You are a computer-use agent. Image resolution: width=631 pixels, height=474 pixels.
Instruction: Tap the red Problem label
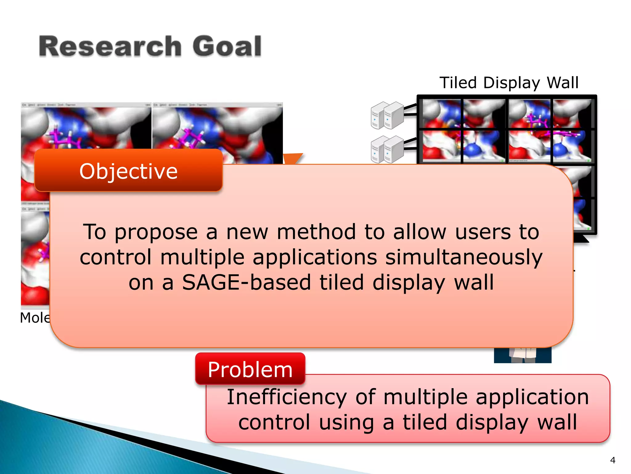click(x=250, y=369)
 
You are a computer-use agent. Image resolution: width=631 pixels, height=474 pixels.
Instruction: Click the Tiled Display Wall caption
click(x=509, y=83)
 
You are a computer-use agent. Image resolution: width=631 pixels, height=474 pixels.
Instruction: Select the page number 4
click(x=613, y=460)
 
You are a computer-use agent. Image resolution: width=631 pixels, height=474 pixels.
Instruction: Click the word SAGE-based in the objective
click(x=246, y=282)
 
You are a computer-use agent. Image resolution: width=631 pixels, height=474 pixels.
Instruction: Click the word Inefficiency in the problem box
click(x=287, y=397)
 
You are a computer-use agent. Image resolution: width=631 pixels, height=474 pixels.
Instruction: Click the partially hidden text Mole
click(x=35, y=318)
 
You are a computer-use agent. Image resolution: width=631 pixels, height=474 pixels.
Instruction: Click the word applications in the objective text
click(x=315, y=257)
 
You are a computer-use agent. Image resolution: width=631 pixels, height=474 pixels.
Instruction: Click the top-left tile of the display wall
click(x=441, y=113)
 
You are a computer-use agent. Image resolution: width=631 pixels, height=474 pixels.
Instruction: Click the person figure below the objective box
click(x=523, y=355)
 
